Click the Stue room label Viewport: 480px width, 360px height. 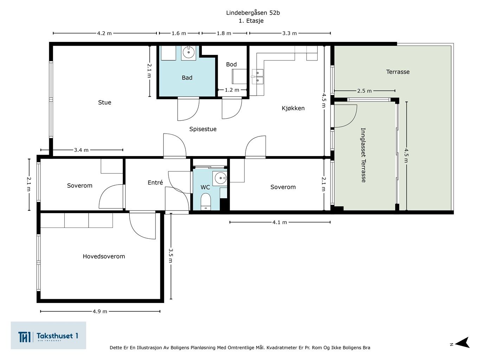point(104,102)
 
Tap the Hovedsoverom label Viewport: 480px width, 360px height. point(104,256)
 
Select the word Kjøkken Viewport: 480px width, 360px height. point(293,108)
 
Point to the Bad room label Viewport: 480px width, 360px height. point(187,78)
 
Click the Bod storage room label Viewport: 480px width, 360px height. point(231,64)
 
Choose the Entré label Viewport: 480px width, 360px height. point(155,182)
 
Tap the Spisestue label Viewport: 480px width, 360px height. point(203,129)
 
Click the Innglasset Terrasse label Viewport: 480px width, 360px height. point(363,155)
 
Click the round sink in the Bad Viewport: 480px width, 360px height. point(188,52)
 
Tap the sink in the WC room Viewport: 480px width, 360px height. point(220,178)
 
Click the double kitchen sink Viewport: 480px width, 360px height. point(258,77)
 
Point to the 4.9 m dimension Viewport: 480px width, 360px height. point(100,311)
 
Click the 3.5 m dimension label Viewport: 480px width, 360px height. point(171,256)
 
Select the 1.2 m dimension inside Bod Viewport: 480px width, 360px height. point(232,90)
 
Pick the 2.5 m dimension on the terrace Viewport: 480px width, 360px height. point(365,91)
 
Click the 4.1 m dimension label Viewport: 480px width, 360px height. point(280,222)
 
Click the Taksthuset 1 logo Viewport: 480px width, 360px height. point(48,335)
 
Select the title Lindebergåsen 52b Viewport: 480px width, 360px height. point(253,13)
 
